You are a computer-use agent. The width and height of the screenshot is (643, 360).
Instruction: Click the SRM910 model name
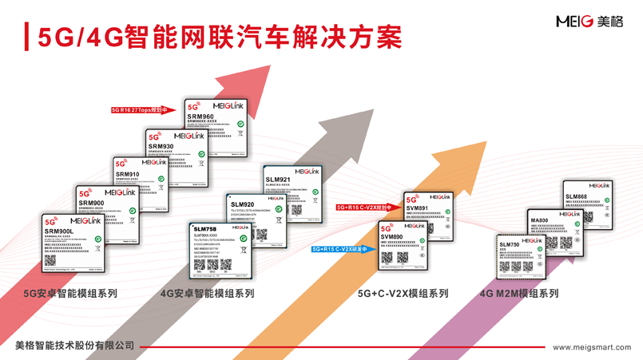pos(127,174)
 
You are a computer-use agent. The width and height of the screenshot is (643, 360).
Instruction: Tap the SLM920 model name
pos(242,205)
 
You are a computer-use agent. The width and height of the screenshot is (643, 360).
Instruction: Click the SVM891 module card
pos(427,211)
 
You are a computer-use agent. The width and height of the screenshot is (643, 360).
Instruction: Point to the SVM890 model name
pos(391,237)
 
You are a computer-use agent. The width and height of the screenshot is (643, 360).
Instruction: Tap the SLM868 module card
pos(587,204)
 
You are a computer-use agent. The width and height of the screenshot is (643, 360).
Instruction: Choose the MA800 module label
pos(539,220)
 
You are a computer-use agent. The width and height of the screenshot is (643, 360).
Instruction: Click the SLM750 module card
pos(520,255)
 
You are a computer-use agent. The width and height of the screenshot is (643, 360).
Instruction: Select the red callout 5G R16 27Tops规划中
pos(141,110)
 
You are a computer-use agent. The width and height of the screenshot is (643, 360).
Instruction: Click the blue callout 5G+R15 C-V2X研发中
pos(340,249)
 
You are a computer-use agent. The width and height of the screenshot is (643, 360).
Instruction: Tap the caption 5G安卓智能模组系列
pos(70,294)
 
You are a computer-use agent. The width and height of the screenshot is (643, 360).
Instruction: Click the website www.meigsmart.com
pos(592,347)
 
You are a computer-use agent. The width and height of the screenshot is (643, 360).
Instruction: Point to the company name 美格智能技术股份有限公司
pos(75,346)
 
